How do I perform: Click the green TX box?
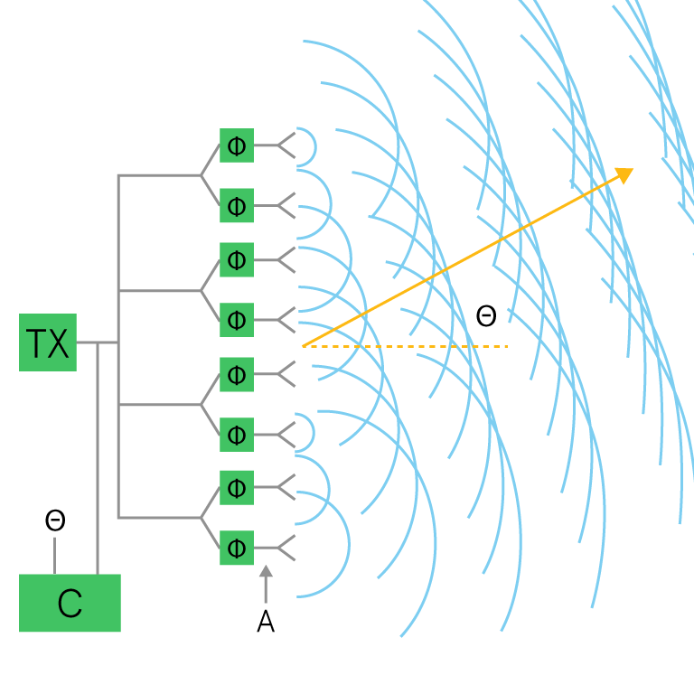[x=48, y=342]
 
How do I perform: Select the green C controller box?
[x=70, y=602]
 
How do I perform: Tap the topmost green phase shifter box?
[x=237, y=145]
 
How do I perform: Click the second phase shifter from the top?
[x=237, y=205]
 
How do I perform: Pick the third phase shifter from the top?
[x=237, y=259]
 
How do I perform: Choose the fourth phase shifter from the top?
[x=237, y=319]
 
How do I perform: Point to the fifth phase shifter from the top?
[x=237, y=373]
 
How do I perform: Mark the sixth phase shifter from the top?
[x=237, y=434]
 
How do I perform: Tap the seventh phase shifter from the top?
[x=237, y=488]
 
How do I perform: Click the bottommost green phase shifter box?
[x=237, y=548]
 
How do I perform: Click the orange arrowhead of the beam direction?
[x=624, y=174]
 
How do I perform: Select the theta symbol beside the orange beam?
[x=486, y=315]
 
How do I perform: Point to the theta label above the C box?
[x=55, y=520]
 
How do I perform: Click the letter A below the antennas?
[x=266, y=622]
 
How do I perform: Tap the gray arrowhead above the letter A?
[x=266, y=572]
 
